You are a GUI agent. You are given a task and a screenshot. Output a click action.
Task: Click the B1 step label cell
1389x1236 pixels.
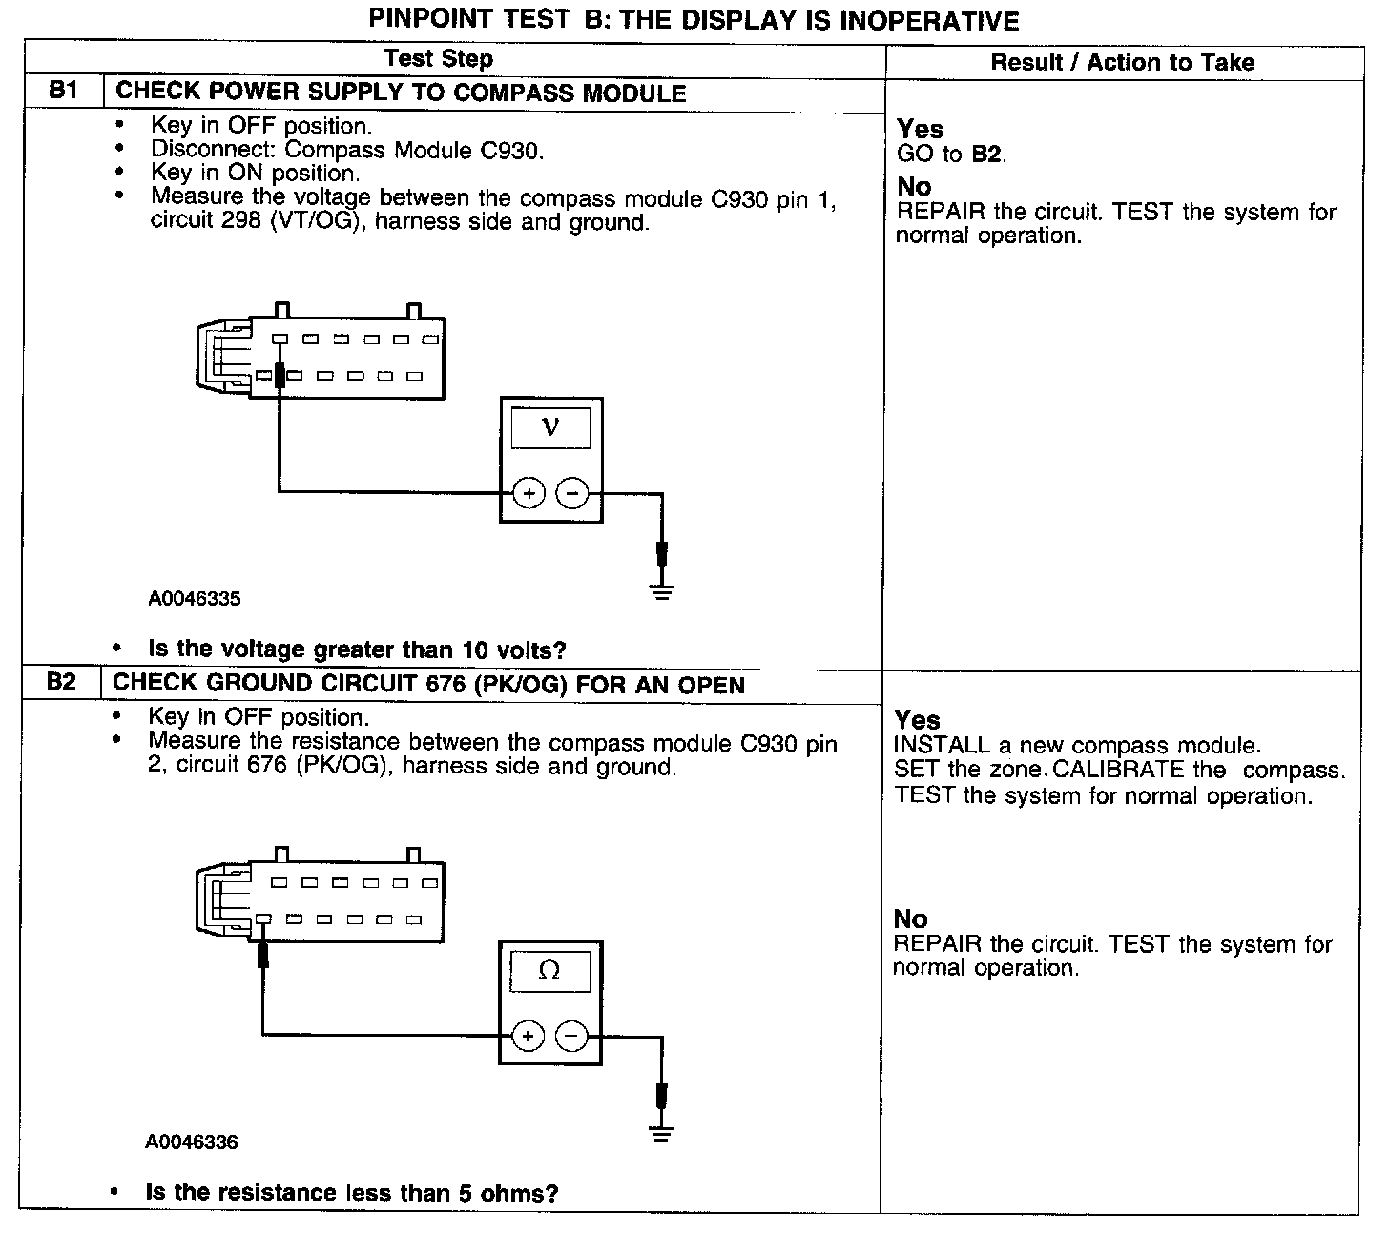[x=62, y=92]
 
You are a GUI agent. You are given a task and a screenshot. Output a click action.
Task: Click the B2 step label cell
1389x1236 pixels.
[x=60, y=683]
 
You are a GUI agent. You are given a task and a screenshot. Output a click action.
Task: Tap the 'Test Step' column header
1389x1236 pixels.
[x=439, y=59]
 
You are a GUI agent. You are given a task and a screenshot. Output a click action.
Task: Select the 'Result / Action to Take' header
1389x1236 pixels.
[x=1122, y=63]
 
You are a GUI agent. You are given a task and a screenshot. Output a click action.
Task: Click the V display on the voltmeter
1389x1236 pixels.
[x=550, y=426]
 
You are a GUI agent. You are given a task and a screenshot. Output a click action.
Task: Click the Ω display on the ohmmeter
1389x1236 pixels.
[x=549, y=971]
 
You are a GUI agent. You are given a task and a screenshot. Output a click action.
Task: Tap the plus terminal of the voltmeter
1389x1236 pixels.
[x=529, y=494]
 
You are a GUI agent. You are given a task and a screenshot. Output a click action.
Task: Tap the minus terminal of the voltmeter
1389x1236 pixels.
[x=571, y=494]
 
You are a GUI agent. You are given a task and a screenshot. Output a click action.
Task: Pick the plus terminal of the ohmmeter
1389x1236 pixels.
[x=528, y=1036]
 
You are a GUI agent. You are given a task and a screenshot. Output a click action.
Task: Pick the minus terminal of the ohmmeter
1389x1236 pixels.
[x=571, y=1036]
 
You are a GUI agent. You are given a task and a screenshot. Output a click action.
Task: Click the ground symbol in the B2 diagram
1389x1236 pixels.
[x=660, y=1133]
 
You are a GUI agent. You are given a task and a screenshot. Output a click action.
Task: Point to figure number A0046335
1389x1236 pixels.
[x=195, y=599]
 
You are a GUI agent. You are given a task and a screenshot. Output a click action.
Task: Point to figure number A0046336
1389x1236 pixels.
[x=192, y=1142]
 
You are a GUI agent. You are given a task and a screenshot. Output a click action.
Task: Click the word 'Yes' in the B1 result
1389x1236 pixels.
[x=921, y=130]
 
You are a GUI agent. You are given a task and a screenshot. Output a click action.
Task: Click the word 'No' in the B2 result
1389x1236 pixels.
[x=911, y=919]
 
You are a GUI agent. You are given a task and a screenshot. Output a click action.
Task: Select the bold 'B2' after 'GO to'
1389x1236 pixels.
[x=987, y=154]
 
